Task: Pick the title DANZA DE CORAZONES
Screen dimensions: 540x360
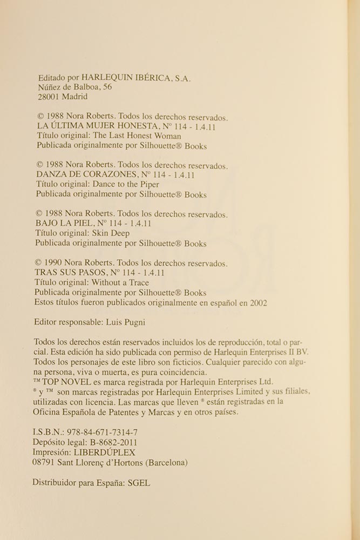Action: click(86, 175)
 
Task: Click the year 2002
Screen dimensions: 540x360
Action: click(257, 303)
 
